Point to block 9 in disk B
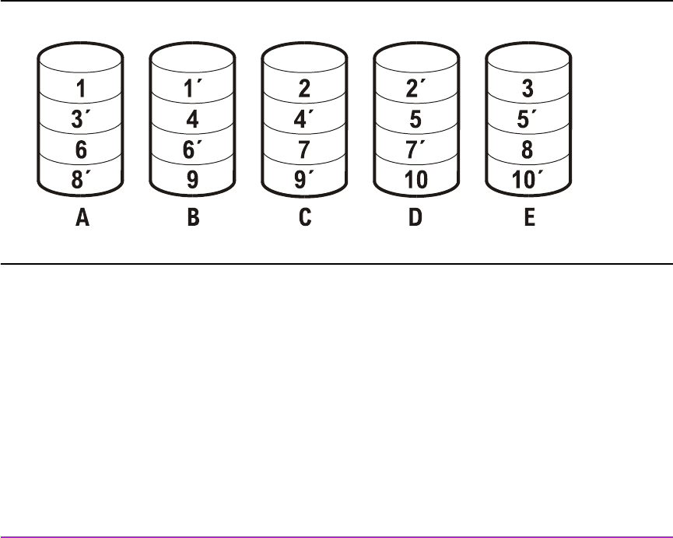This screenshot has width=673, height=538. click(x=192, y=180)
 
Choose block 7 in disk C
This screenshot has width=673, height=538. click(x=304, y=149)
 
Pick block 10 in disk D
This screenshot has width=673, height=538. click(x=415, y=180)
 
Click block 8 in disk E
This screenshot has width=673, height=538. click(x=528, y=149)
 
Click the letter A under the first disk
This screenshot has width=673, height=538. click(x=82, y=219)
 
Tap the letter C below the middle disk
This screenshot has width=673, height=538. click(x=304, y=219)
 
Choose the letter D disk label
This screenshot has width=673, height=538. click(x=415, y=219)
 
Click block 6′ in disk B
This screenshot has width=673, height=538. click(x=193, y=149)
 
